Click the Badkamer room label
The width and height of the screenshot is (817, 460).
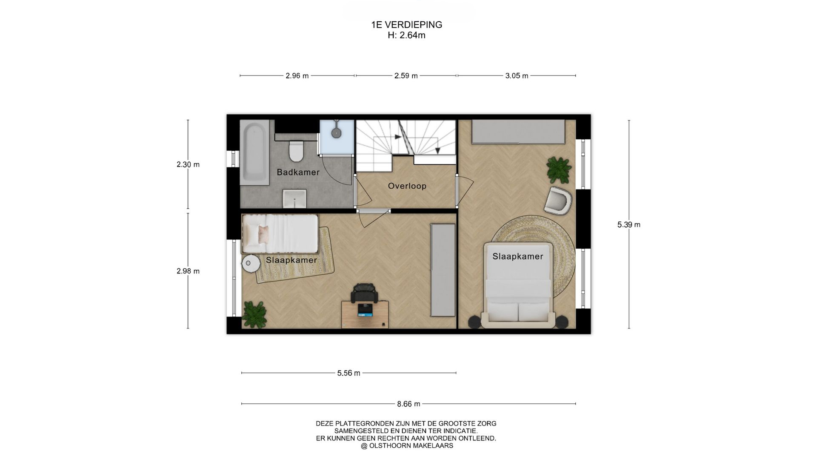click(x=298, y=172)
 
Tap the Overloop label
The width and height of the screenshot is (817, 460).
click(x=407, y=186)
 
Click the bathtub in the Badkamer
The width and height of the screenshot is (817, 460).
click(x=254, y=152)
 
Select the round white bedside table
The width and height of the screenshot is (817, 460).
click(x=251, y=264)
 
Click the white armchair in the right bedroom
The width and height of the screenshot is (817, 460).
click(x=557, y=200)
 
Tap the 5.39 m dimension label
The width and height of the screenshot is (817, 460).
click(x=629, y=224)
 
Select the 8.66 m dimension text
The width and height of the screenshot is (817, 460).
click(x=408, y=404)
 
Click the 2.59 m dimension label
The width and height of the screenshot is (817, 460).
click(x=406, y=76)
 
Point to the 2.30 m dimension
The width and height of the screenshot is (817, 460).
click(x=188, y=164)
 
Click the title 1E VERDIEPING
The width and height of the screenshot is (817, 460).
click(x=407, y=25)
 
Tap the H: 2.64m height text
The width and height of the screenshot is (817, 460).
click(x=406, y=35)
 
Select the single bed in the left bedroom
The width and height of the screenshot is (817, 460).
click(x=280, y=233)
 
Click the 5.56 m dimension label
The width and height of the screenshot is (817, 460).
click(x=349, y=373)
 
